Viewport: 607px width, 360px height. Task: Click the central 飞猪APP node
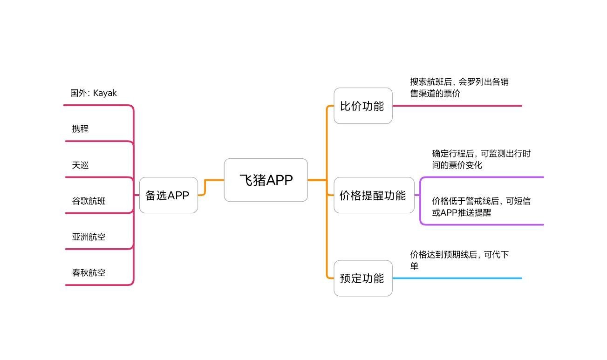point(266,180)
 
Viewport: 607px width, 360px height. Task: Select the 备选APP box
point(168,195)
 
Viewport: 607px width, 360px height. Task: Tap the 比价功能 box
point(363,106)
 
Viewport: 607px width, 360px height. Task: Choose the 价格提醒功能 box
point(374,195)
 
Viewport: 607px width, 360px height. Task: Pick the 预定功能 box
point(363,278)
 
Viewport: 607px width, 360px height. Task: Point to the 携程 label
point(80,129)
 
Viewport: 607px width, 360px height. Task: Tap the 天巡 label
point(80,165)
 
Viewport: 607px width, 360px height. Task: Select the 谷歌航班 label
point(89,201)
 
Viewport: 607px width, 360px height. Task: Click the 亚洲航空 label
point(89,237)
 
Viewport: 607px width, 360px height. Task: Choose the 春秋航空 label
point(89,272)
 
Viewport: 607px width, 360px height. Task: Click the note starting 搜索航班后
point(459,88)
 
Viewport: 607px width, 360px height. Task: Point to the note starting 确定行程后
point(481,159)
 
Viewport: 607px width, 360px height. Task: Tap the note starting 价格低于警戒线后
point(481,207)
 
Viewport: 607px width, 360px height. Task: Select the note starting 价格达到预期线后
point(459,260)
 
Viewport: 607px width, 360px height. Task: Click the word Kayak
point(105,93)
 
